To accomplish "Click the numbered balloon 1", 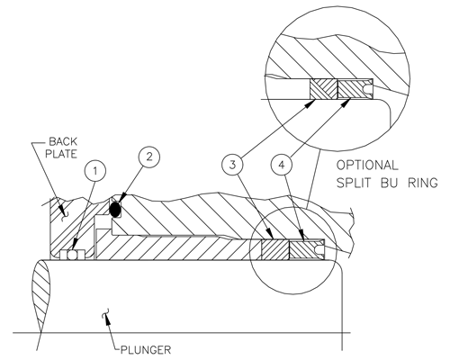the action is pos(95,171).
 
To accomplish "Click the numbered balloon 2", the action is pos(149,157).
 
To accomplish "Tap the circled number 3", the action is pos(232,165).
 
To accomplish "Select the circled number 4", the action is pos(282,165).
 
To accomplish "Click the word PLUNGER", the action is pos(146,350).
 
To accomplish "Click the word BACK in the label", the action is pos(63,141).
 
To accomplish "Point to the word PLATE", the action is pos(61,154).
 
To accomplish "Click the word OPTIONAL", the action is pos(367,166).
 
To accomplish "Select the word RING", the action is pos(423,183).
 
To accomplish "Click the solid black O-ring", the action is pos(115,210).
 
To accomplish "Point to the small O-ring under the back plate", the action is pos(72,255).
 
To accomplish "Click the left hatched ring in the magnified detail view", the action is pos(324,89).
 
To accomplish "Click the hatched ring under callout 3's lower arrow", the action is pos(275,249).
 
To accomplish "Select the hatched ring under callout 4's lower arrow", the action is pos(301,249).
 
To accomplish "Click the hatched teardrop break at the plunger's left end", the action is pos(40,296).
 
